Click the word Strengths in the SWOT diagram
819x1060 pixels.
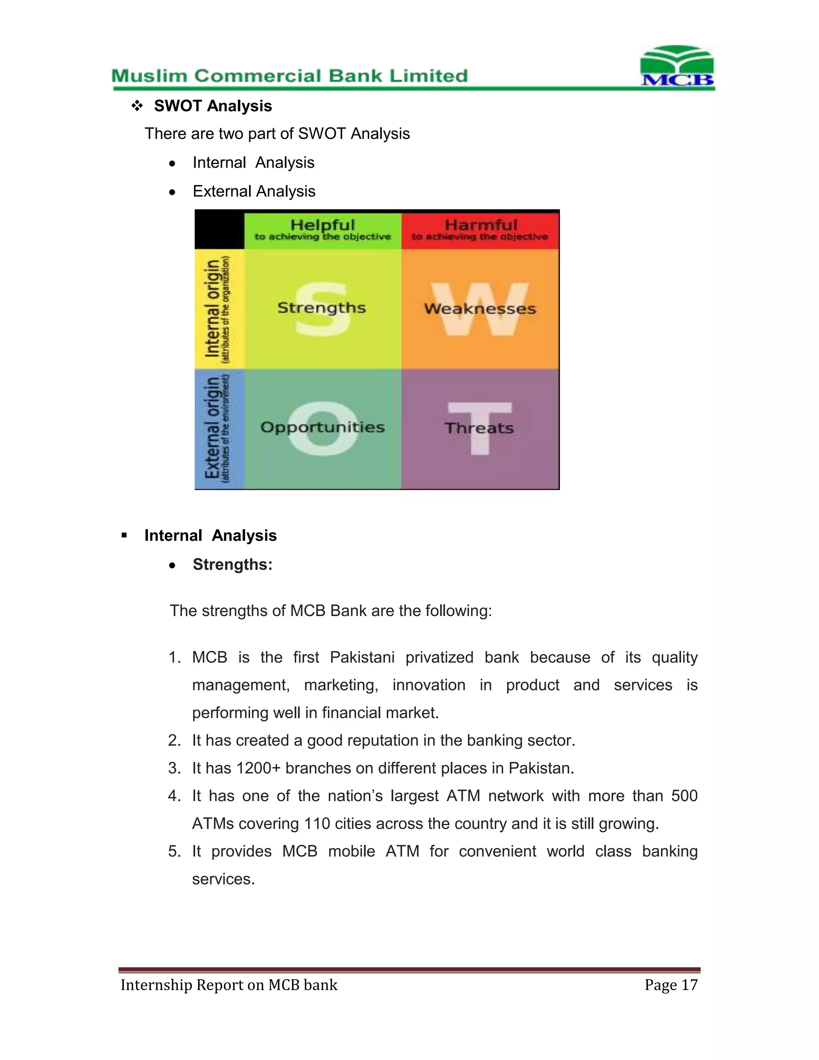(x=321, y=308)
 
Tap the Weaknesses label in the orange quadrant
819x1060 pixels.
(x=480, y=309)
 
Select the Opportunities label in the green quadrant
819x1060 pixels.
(x=322, y=427)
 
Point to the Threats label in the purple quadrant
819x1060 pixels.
(x=479, y=428)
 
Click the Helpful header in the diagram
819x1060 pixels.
(x=323, y=225)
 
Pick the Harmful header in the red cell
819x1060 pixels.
(x=481, y=225)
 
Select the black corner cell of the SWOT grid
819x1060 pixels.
(x=219, y=230)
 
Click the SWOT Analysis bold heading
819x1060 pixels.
(x=213, y=106)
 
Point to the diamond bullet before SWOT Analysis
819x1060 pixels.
(x=137, y=106)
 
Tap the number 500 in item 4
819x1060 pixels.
(x=684, y=796)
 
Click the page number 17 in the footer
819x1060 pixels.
(x=689, y=985)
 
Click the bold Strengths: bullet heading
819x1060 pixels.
(x=232, y=564)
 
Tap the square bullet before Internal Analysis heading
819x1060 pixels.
(x=124, y=535)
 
